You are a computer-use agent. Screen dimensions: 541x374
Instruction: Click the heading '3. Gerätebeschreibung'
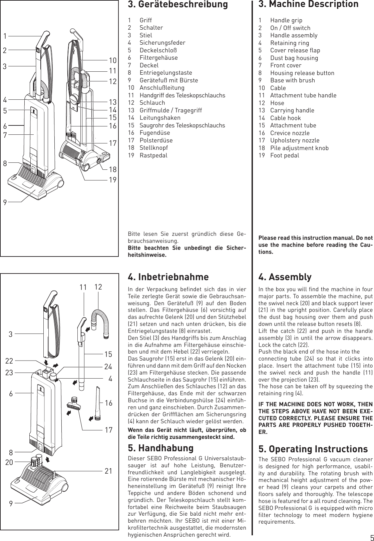click(x=178, y=5)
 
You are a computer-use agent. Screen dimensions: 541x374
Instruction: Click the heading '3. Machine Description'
click(x=309, y=4)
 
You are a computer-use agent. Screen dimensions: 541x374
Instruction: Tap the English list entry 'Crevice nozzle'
click(x=285, y=133)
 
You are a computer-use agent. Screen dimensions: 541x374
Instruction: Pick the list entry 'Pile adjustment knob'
click(x=299, y=148)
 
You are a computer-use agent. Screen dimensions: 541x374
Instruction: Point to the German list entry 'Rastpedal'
click(x=153, y=155)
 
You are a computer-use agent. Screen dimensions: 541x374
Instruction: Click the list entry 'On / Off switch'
click(x=290, y=28)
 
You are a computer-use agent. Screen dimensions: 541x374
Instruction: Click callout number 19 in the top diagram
click(x=112, y=180)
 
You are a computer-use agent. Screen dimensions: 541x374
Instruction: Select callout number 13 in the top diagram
click(x=112, y=102)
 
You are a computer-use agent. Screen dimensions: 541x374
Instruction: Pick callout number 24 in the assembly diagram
click(x=108, y=367)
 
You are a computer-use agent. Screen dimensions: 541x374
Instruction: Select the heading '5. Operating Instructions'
click(x=313, y=449)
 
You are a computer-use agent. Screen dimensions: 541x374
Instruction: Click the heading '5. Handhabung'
click(x=160, y=448)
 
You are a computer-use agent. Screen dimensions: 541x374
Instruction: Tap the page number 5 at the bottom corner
click(x=371, y=538)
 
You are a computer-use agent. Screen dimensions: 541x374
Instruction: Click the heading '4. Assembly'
click(x=285, y=277)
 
